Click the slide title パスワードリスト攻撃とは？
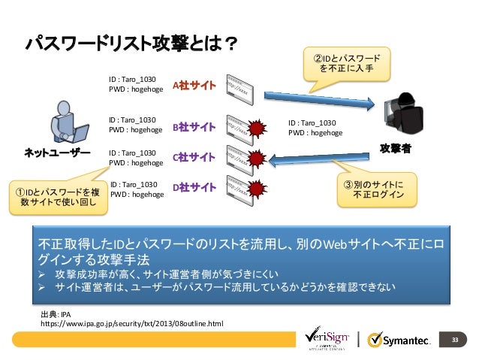132,47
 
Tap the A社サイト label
194,86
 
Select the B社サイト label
194,127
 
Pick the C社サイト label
194,157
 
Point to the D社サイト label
194,187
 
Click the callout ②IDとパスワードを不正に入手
345,64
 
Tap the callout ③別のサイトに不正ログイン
378,188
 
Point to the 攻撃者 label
395,149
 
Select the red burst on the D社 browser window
258,187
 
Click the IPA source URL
136,323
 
